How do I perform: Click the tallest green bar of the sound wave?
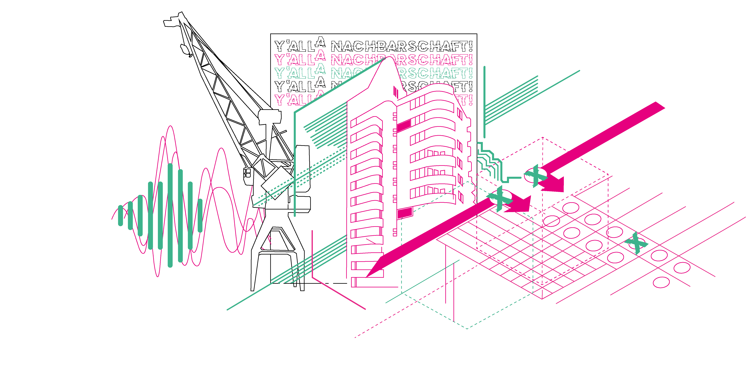[170, 215]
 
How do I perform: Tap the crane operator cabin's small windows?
[247, 173]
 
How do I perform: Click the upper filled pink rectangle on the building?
[404, 126]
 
